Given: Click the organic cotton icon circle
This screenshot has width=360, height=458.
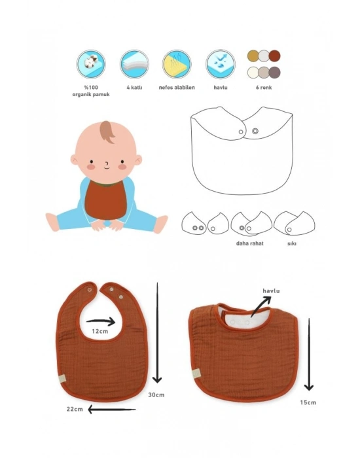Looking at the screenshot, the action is (91, 64).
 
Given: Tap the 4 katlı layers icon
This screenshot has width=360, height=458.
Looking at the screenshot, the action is (134, 64).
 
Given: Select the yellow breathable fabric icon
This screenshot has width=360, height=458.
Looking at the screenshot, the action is (177, 64).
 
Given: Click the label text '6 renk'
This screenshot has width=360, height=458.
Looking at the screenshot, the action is (264, 87).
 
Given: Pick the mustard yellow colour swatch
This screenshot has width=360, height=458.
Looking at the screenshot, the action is (253, 56).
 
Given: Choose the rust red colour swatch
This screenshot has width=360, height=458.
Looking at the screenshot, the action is (274, 56).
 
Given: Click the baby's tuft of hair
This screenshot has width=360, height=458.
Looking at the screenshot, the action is (107, 132).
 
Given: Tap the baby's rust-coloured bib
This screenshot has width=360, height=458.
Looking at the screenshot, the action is (106, 200).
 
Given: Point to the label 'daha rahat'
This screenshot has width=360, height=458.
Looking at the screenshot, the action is (250, 243).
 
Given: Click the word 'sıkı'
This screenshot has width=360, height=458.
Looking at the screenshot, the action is (292, 243).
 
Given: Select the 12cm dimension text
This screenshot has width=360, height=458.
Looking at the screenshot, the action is (100, 331).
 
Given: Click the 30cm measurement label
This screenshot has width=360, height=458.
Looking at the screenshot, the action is (156, 395).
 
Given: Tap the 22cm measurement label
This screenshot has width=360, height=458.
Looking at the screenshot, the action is (75, 409).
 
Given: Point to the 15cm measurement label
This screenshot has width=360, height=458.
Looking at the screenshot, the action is (308, 402).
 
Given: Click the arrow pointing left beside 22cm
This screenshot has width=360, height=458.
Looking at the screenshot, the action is (112, 410).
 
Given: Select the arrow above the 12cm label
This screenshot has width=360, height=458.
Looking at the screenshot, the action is (101, 321).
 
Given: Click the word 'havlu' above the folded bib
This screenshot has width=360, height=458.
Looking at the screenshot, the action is (271, 291).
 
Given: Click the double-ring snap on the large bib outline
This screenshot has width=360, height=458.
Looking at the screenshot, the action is (255, 131).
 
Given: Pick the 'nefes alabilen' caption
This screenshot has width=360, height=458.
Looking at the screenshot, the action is (177, 87).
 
